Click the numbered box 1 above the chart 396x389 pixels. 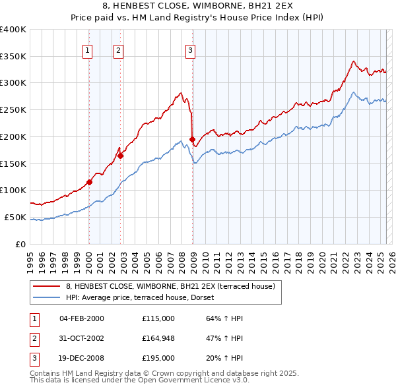coord(88,49)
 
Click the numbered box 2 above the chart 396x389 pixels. coord(118,49)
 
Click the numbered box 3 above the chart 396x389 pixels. coord(190,49)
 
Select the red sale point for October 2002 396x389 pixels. coord(121,156)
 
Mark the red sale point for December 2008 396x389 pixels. coord(192,139)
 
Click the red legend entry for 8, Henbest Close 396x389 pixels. coord(165,286)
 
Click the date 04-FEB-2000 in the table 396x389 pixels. coord(81,318)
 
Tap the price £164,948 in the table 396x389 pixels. coord(158,338)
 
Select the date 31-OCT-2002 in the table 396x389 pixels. coord(82,338)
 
